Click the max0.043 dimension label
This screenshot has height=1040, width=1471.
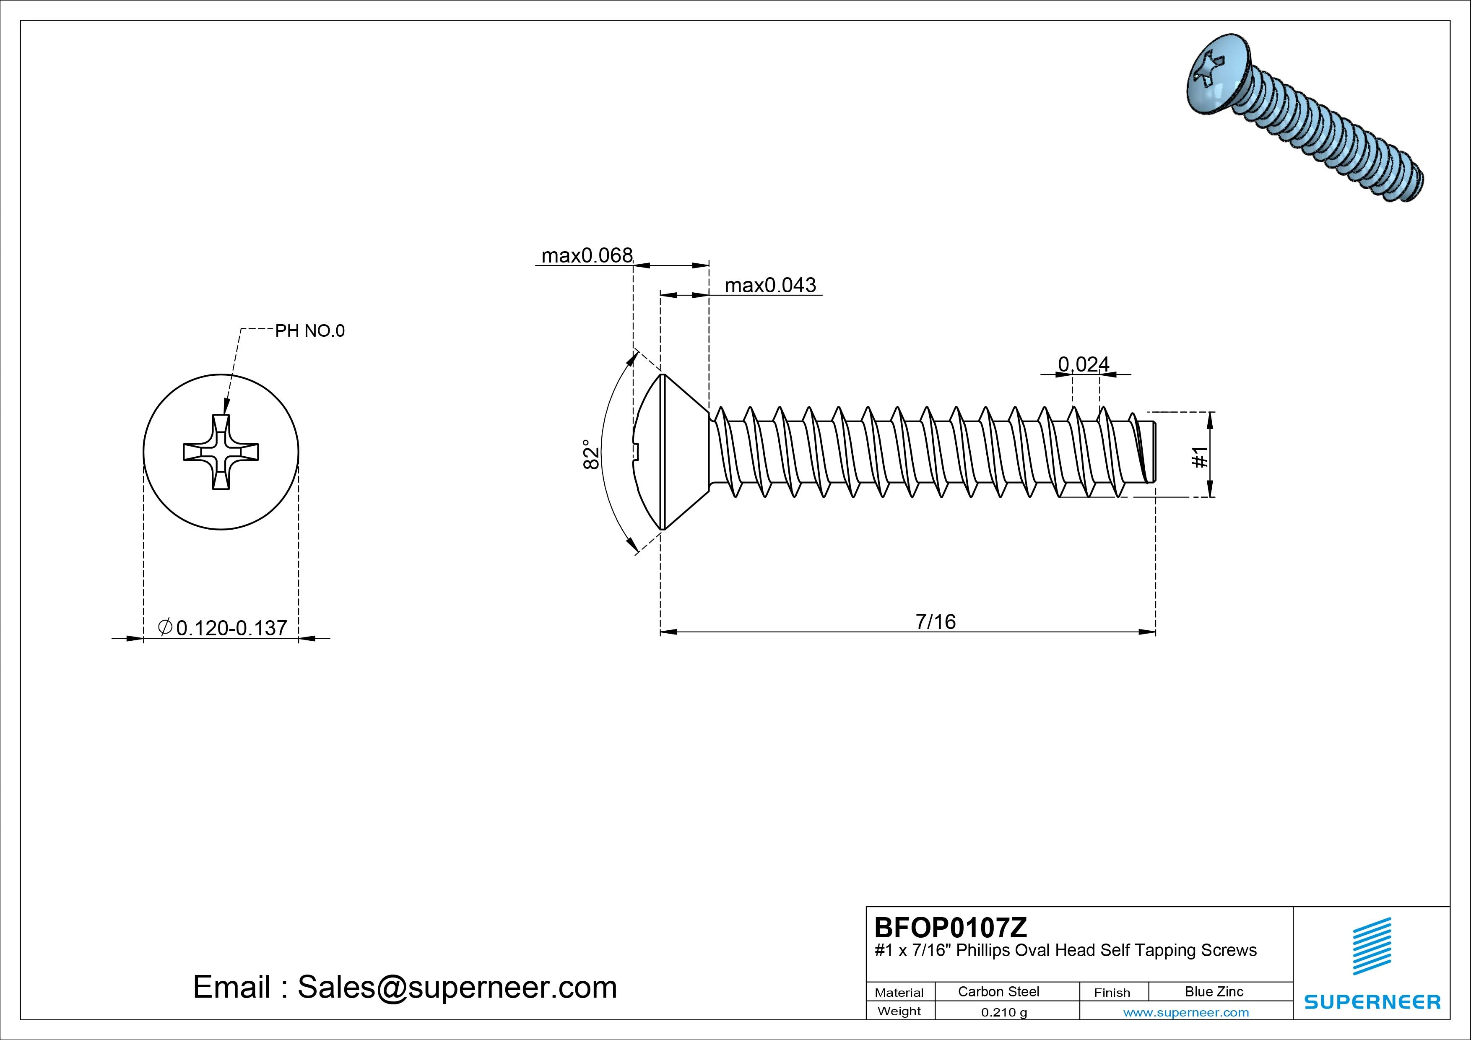770,285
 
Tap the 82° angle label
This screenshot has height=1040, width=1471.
591,454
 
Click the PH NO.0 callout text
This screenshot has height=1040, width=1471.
309,330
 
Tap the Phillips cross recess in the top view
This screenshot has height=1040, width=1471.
221,452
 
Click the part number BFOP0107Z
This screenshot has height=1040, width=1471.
950,927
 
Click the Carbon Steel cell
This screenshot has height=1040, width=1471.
998,991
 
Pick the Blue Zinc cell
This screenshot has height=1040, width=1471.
1214,991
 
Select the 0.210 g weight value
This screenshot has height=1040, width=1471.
1003,1012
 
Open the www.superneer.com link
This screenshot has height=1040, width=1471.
1186,1012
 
